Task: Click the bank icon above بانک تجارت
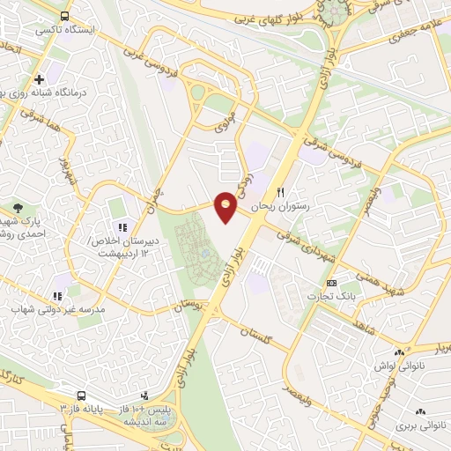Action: pos(331,283)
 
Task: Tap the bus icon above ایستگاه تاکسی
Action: pos(64,17)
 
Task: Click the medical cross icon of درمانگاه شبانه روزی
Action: pos(40,79)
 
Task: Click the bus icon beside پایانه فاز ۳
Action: pos(82,396)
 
